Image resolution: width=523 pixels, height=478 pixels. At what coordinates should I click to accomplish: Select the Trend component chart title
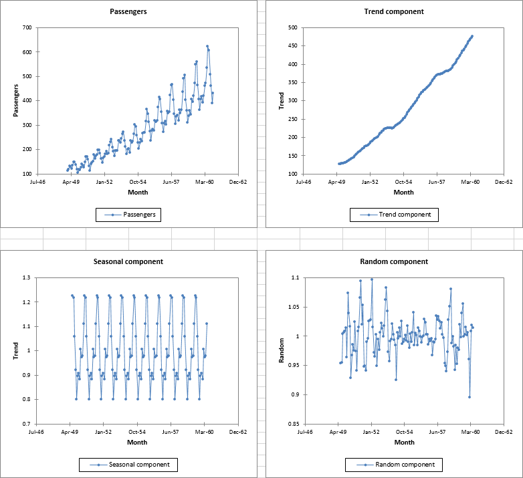click(394, 11)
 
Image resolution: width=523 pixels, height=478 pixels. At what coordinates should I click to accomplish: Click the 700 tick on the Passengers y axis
click(27, 27)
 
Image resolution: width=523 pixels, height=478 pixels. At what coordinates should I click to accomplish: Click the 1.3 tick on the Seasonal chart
click(27, 277)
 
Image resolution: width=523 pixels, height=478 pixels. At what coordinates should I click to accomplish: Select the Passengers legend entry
click(132, 215)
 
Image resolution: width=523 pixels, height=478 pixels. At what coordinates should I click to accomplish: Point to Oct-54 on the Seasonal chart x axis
click(138, 432)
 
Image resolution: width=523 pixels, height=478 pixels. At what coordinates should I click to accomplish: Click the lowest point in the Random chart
click(469, 397)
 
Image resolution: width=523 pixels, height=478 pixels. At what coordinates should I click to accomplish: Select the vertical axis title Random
click(282, 351)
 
